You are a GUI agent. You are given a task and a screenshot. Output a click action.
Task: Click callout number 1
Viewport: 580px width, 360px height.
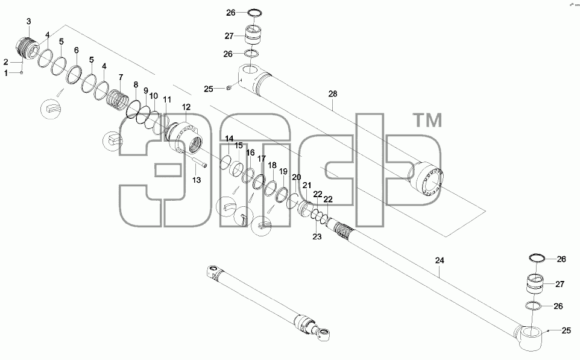tap(6, 73)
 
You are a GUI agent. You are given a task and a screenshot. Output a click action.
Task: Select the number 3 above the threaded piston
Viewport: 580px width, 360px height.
tap(29, 22)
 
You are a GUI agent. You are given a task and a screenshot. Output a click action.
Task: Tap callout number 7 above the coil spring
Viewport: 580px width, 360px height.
tap(121, 77)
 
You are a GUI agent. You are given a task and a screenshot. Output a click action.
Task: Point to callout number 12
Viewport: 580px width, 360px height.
tap(186, 107)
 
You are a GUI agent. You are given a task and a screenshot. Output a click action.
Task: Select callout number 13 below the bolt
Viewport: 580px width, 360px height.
tap(197, 180)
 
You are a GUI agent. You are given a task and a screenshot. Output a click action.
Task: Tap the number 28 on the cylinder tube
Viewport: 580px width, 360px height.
tap(333, 93)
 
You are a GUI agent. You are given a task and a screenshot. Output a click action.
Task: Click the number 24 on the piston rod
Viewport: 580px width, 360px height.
tap(440, 261)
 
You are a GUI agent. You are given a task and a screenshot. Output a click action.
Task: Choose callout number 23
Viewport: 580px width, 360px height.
tap(317, 237)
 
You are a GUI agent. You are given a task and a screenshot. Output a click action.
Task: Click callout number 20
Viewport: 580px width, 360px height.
tap(296, 177)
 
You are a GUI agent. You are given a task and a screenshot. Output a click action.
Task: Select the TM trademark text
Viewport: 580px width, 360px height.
tap(427, 120)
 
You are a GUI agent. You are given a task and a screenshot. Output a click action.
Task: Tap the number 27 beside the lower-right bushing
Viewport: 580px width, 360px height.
tap(560, 284)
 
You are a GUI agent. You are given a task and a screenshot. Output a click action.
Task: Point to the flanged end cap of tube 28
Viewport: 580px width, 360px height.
tap(428, 182)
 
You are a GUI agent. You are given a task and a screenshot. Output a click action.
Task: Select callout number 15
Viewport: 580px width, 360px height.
tap(239, 145)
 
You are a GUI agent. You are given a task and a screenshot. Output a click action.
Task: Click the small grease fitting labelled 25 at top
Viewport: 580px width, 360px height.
tap(229, 87)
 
